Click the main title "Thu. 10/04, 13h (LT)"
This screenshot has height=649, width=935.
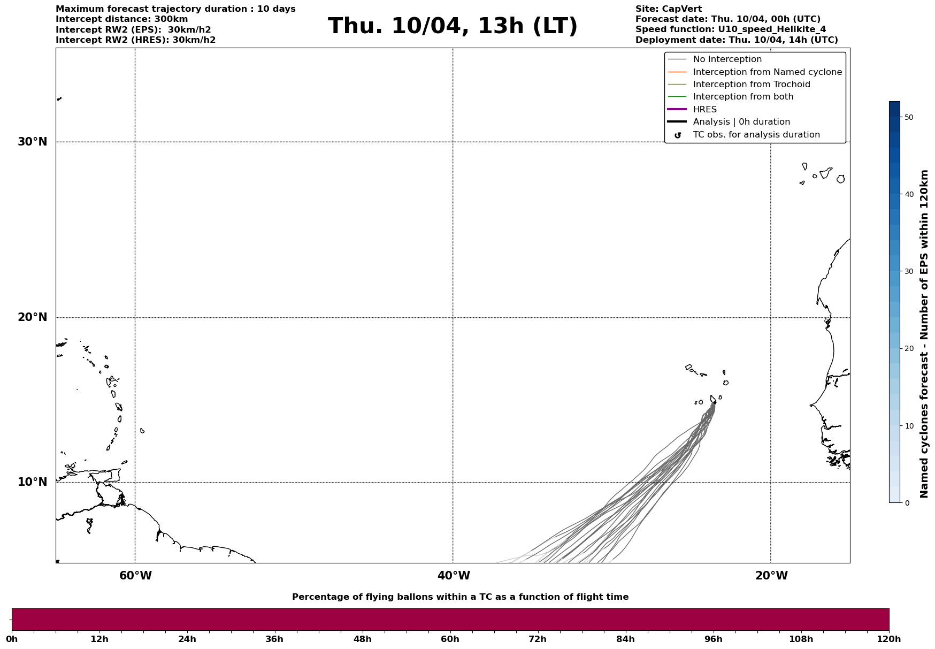[x=453, y=26]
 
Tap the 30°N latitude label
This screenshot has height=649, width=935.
[x=33, y=142]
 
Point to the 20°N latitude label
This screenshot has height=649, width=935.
[x=33, y=317]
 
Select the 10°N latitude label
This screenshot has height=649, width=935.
[x=33, y=482]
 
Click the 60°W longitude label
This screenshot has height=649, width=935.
[x=135, y=576]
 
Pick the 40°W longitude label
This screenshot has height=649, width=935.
[x=454, y=576]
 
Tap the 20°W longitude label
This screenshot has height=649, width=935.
[x=771, y=576]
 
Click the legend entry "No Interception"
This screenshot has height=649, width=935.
[x=727, y=59]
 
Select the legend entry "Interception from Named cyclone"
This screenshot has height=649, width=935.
[x=767, y=72]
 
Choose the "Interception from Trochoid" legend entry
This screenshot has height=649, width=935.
[x=751, y=85]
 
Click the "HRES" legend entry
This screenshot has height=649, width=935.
[x=704, y=110]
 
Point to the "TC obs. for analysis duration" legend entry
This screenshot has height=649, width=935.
[x=756, y=135]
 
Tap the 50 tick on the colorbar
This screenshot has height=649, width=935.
[x=908, y=117]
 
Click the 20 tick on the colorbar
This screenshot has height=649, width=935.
[x=908, y=349]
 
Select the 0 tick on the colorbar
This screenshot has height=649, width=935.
[x=907, y=503]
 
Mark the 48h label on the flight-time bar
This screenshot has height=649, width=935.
[x=362, y=639]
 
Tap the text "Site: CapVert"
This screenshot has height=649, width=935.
[x=668, y=9]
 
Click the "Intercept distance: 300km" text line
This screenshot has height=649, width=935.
[x=121, y=19]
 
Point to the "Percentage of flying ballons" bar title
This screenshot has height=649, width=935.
[x=460, y=597]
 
